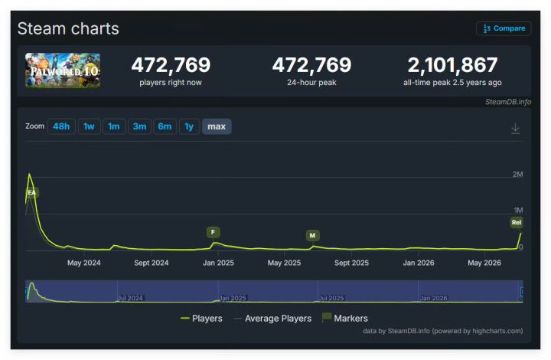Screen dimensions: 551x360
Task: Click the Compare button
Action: (504, 28)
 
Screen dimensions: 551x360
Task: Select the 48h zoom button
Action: (61, 126)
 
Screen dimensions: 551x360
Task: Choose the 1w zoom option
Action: (89, 126)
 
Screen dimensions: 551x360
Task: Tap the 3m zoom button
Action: (139, 126)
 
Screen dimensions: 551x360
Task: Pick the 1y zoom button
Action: (189, 126)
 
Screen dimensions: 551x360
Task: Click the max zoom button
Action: (217, 126)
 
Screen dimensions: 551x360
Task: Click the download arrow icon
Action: (515, 129)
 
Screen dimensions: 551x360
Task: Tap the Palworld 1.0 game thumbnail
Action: (63, 70)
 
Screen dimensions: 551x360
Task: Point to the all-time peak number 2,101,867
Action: (452, 65)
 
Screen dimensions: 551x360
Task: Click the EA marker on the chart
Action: (32, 193)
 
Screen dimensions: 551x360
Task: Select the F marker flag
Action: (213, 232)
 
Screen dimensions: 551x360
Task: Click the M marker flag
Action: (312, 236)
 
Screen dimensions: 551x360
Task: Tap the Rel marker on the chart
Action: (517, 222)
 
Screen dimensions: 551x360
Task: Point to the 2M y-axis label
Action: (517, 175)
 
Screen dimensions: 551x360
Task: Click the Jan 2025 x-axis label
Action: (218, 263)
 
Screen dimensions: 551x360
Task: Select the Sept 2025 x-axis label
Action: (351, 263)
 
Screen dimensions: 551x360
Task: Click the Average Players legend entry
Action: (272, 319)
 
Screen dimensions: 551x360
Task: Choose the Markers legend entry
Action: (344, 318)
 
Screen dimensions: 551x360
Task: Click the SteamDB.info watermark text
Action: (508, 102)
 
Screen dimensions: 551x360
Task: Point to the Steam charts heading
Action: (68, 28)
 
